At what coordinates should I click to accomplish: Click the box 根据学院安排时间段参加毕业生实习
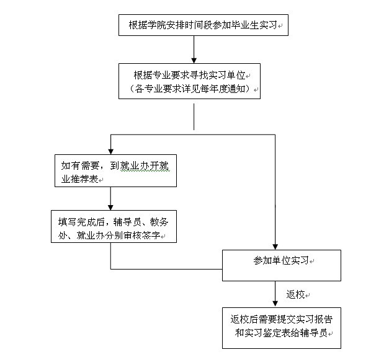203,25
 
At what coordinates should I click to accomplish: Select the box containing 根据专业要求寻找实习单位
189,81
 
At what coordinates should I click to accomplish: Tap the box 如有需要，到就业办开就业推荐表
115,170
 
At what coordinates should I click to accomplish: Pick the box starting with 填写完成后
114,226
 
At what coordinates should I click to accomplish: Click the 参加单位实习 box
282,265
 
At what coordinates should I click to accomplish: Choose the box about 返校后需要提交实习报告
282,328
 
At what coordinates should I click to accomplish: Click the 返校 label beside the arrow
295,294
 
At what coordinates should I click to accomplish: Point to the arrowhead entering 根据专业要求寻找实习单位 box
194,61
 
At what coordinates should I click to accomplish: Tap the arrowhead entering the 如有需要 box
110,152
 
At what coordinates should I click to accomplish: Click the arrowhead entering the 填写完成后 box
110,208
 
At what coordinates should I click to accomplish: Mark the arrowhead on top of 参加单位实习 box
275,247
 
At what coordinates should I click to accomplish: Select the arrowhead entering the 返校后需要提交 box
275,305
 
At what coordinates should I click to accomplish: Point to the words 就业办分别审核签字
118,235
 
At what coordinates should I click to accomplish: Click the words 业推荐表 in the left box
80,179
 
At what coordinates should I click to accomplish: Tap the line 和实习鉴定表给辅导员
281,333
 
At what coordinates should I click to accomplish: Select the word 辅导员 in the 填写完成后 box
127,222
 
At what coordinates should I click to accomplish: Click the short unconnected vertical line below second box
194,116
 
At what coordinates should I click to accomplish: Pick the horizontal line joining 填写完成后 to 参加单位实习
166,269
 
